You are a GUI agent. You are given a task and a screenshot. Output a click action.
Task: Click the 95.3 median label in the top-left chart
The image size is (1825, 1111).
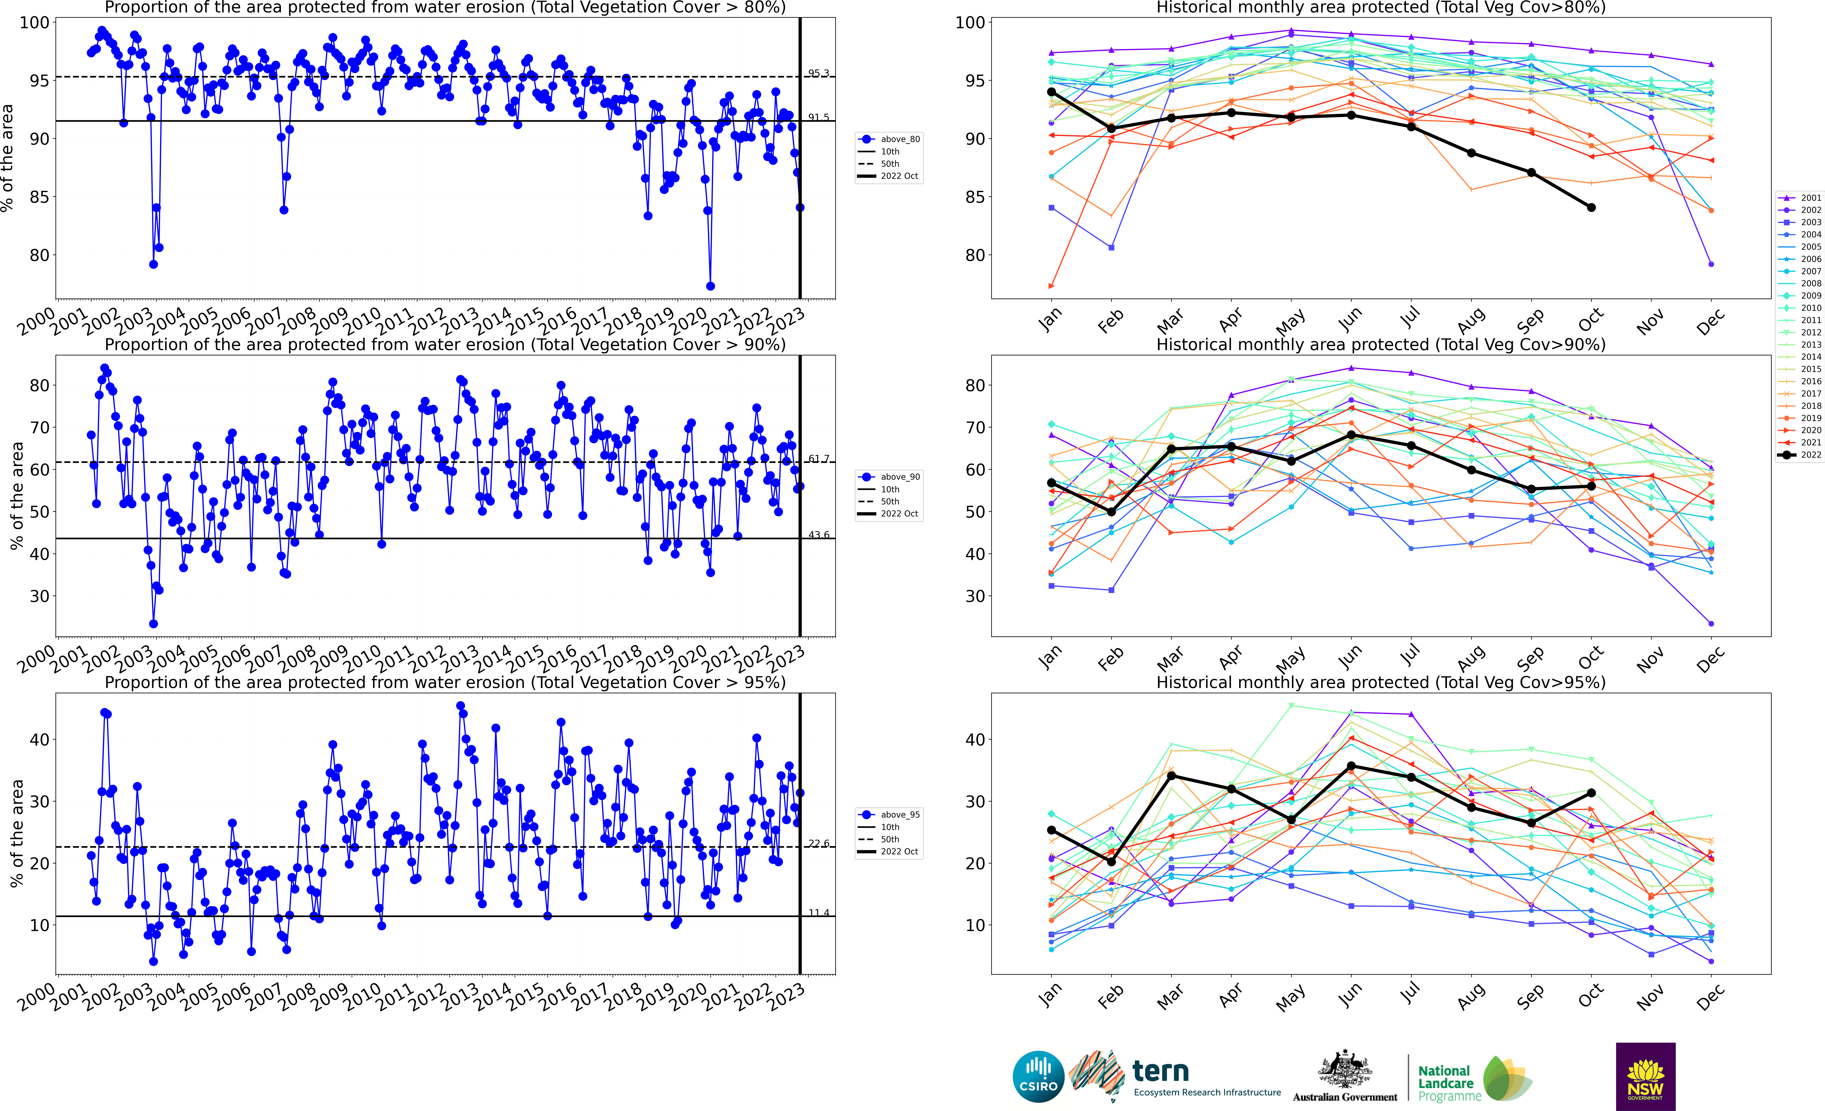[x=818, y=73]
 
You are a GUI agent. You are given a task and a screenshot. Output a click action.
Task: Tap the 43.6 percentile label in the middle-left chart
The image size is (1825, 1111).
[x=818, y=535]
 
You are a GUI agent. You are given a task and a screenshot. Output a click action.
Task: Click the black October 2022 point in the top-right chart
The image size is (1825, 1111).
[x=1591, y=207]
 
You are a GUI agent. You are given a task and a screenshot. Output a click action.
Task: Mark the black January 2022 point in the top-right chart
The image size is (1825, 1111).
[x=1051, y=92]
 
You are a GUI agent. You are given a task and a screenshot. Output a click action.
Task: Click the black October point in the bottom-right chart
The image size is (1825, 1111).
[x=1591, y=793]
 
